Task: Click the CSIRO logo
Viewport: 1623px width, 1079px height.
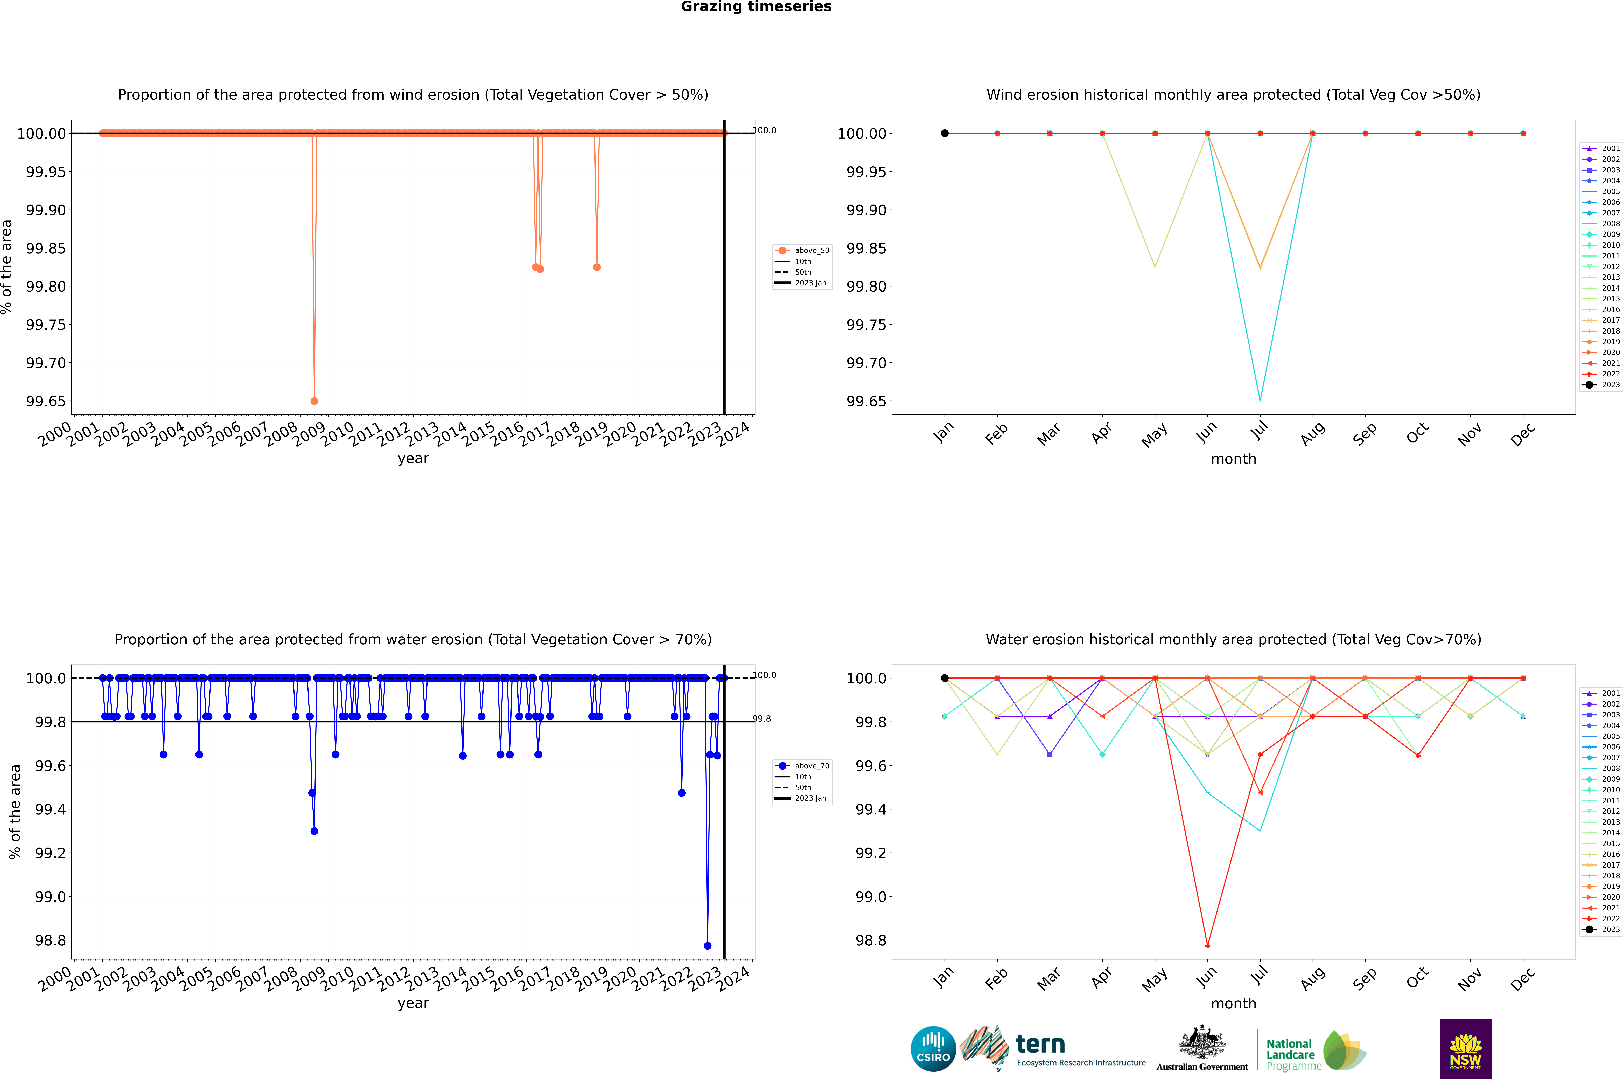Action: click(x=933, y=1049)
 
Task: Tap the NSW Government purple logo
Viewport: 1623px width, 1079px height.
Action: click(x=1465, y=1049)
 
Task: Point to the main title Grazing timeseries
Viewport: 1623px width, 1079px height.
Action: click(x=756, y=7)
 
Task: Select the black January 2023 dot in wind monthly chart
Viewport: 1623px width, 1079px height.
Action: click(x=945, y=134)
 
